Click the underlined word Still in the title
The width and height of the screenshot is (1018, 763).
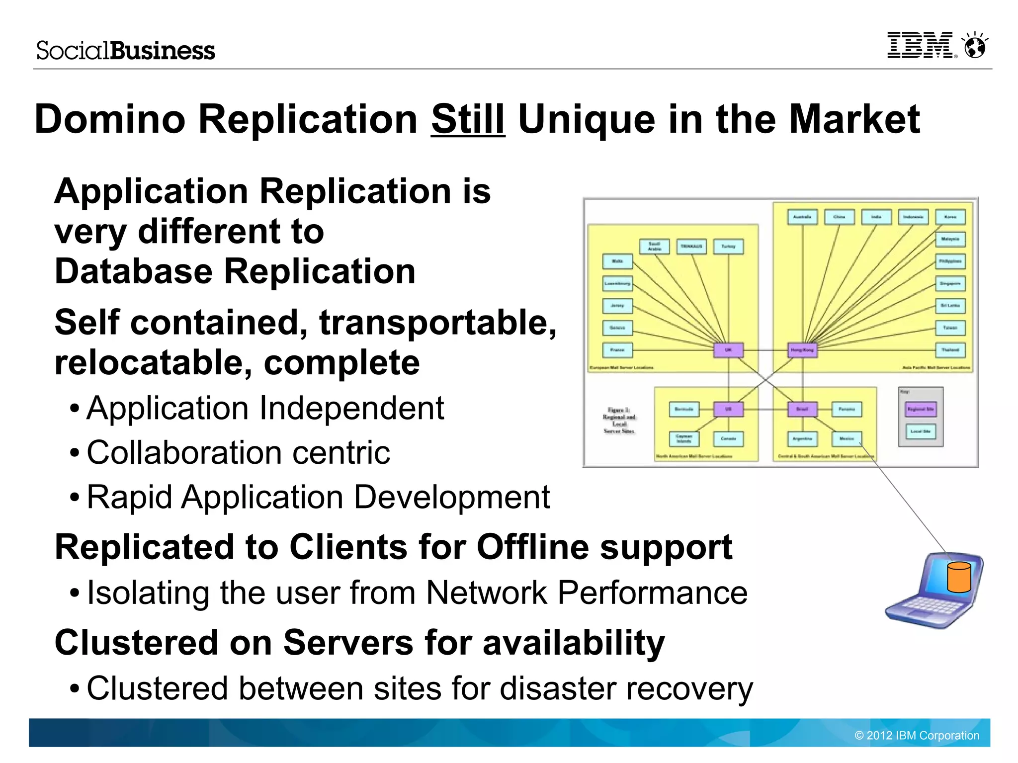468,119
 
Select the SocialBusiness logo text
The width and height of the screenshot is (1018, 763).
126,51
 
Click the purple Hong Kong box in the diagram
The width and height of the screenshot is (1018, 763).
802,350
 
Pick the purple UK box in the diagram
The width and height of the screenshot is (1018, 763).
728,350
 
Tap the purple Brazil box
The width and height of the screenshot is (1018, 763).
802,409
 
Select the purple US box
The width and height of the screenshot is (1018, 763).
728,409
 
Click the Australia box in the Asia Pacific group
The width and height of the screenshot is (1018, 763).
802,217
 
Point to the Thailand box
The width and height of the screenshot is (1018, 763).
950,350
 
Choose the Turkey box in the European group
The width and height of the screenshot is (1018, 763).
728,247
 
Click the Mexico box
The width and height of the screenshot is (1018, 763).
847,438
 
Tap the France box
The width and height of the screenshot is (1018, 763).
617,350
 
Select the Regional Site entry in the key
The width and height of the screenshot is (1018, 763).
921,409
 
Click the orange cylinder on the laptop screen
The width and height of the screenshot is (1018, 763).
959,578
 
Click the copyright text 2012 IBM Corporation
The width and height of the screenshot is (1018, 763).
917,735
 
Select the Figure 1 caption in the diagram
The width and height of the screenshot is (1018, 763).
619,421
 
